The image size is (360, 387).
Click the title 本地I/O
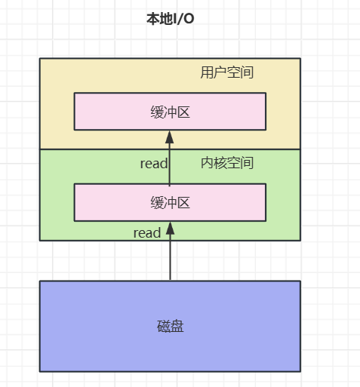click(170, 19)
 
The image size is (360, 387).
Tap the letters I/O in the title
click(183, 19)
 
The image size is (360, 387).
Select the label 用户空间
click(226, 73)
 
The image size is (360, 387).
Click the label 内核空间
click(226, 163)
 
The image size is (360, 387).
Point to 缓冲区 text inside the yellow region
click(170, 112)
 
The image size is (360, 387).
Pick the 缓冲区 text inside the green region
click(170, 202)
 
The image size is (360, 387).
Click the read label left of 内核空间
click(153, 164)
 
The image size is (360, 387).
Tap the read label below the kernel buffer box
click(147, 233)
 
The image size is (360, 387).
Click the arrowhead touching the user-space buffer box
click(170, 137)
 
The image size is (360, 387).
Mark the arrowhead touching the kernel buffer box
click(170, 227)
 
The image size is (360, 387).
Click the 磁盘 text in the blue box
click(170, 327)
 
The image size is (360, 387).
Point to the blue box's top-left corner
click(40, 281)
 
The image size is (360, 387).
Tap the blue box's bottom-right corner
click(300, 371)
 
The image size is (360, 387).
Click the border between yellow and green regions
click(91, 149)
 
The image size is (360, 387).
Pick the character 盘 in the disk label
click(177, 327)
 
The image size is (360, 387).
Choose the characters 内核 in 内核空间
click(214, 163)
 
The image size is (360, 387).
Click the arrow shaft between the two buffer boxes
click(170, 166)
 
